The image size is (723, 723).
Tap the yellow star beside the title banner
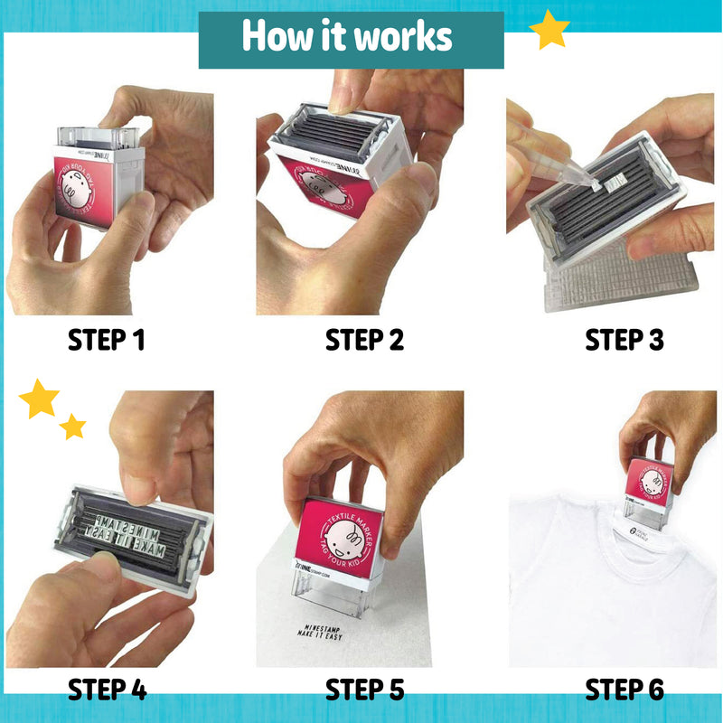coord(549,31)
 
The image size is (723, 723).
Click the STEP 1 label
coord(107,341)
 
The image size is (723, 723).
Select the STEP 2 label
coord(364,341)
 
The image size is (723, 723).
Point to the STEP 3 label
coord(624,341)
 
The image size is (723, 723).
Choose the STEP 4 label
coord(107,690)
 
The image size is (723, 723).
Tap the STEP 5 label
coord(364,690)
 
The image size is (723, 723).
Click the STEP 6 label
coord(624,690)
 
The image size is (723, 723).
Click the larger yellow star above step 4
coord(39,399)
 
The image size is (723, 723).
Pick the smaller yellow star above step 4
coord(73,427)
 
